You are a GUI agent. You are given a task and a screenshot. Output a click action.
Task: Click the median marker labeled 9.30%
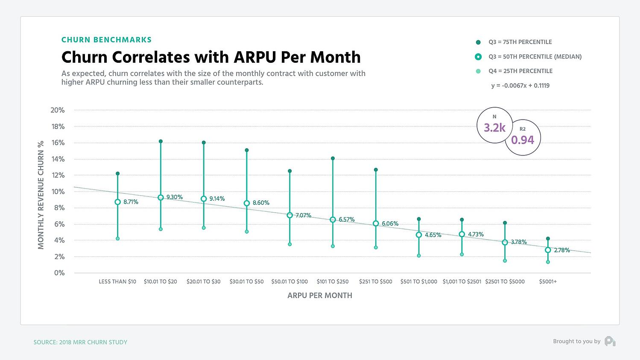coord(161,198)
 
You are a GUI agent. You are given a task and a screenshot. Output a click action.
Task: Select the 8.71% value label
coord(131,202)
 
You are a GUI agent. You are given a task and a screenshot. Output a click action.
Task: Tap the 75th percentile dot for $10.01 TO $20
coord(161,141)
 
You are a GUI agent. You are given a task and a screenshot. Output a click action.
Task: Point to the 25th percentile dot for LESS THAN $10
coord(117,239)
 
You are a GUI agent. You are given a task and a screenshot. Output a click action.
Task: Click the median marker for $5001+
coord(548,250)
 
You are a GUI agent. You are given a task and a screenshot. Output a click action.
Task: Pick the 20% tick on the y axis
coord(58,110)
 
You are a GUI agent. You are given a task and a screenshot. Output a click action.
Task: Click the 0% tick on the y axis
coord(59,273)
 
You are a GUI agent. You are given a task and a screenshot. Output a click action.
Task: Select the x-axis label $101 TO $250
coord(333,282)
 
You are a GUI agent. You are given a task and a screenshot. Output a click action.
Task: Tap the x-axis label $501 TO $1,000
coord(418,282)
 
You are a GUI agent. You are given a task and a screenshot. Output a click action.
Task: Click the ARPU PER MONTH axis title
coord(320,296)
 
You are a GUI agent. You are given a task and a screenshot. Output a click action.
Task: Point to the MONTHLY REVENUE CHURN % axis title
coord(41,195)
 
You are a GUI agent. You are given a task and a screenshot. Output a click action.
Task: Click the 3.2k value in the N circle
coord(494,128)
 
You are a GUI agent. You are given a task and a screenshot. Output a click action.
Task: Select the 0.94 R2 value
coord(523,140)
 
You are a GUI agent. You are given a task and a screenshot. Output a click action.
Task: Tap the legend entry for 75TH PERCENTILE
coord(520,42)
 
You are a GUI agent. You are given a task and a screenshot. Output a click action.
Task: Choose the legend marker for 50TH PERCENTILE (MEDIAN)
coord(478,56)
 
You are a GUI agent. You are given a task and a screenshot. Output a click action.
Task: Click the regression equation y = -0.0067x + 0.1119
coord(520,86)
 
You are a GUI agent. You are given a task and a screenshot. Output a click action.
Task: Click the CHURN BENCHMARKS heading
coord(106,40)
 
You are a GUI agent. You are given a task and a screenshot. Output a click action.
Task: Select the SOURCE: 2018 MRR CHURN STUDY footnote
coord(80,342)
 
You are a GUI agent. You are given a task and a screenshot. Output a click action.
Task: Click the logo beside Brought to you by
coord(610,341)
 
